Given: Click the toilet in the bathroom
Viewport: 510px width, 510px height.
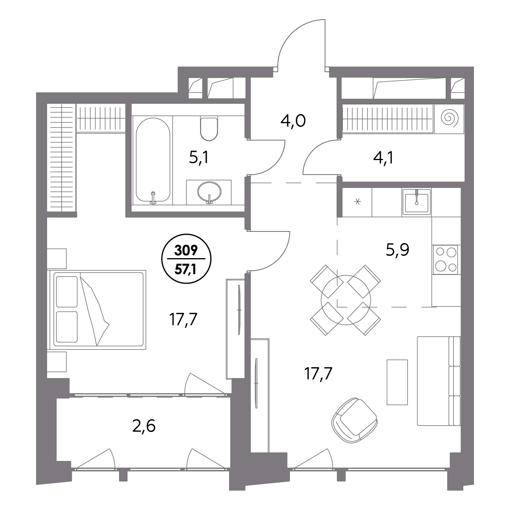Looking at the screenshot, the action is (209, 129).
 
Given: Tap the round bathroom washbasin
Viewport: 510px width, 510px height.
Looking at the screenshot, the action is (209, 191).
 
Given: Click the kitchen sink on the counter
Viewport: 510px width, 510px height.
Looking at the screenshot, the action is (417, 202).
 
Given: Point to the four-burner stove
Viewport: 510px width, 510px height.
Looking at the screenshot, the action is (446, 260).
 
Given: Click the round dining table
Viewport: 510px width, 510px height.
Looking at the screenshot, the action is (346, 300).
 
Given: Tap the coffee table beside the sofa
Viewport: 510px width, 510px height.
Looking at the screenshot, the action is (397, 382).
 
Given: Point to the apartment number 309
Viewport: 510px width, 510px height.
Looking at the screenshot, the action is (186, 250).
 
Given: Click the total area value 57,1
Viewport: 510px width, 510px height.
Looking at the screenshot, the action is (186, 270).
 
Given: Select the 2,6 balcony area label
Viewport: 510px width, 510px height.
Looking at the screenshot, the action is (144, 426).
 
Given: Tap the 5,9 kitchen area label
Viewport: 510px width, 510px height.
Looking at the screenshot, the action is (397, 250).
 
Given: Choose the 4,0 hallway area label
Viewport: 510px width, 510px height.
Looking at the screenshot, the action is (293, 122).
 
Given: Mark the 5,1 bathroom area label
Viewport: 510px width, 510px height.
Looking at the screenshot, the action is (199, 158).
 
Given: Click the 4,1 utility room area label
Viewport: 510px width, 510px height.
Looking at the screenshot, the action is (383, 158).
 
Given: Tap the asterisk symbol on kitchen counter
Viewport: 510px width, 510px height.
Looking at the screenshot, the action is (357, 202).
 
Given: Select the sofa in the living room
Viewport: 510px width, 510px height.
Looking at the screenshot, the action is (439, 381).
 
